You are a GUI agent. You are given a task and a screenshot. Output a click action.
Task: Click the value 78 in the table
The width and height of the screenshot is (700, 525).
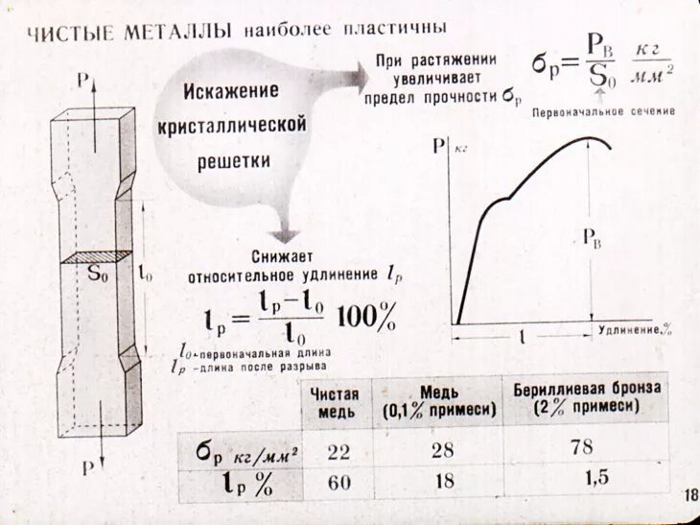581,447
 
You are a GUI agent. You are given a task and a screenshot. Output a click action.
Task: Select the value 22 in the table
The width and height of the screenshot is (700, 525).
338,451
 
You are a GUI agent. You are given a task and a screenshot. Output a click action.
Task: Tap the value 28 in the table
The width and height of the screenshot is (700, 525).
444,449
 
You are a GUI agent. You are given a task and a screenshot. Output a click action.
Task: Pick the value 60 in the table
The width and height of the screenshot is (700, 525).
338,482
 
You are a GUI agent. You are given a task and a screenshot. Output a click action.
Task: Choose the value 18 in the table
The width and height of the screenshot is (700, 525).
444,480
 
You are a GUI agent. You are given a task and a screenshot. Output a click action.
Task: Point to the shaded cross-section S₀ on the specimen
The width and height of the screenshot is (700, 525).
96,258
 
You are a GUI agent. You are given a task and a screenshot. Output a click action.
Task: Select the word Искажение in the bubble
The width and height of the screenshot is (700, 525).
231,91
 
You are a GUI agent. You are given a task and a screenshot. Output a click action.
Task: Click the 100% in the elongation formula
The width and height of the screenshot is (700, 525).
367,315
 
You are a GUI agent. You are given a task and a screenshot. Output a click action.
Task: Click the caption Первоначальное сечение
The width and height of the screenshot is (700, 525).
604,110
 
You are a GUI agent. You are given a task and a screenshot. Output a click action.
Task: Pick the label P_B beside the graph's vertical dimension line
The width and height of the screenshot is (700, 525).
592,240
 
